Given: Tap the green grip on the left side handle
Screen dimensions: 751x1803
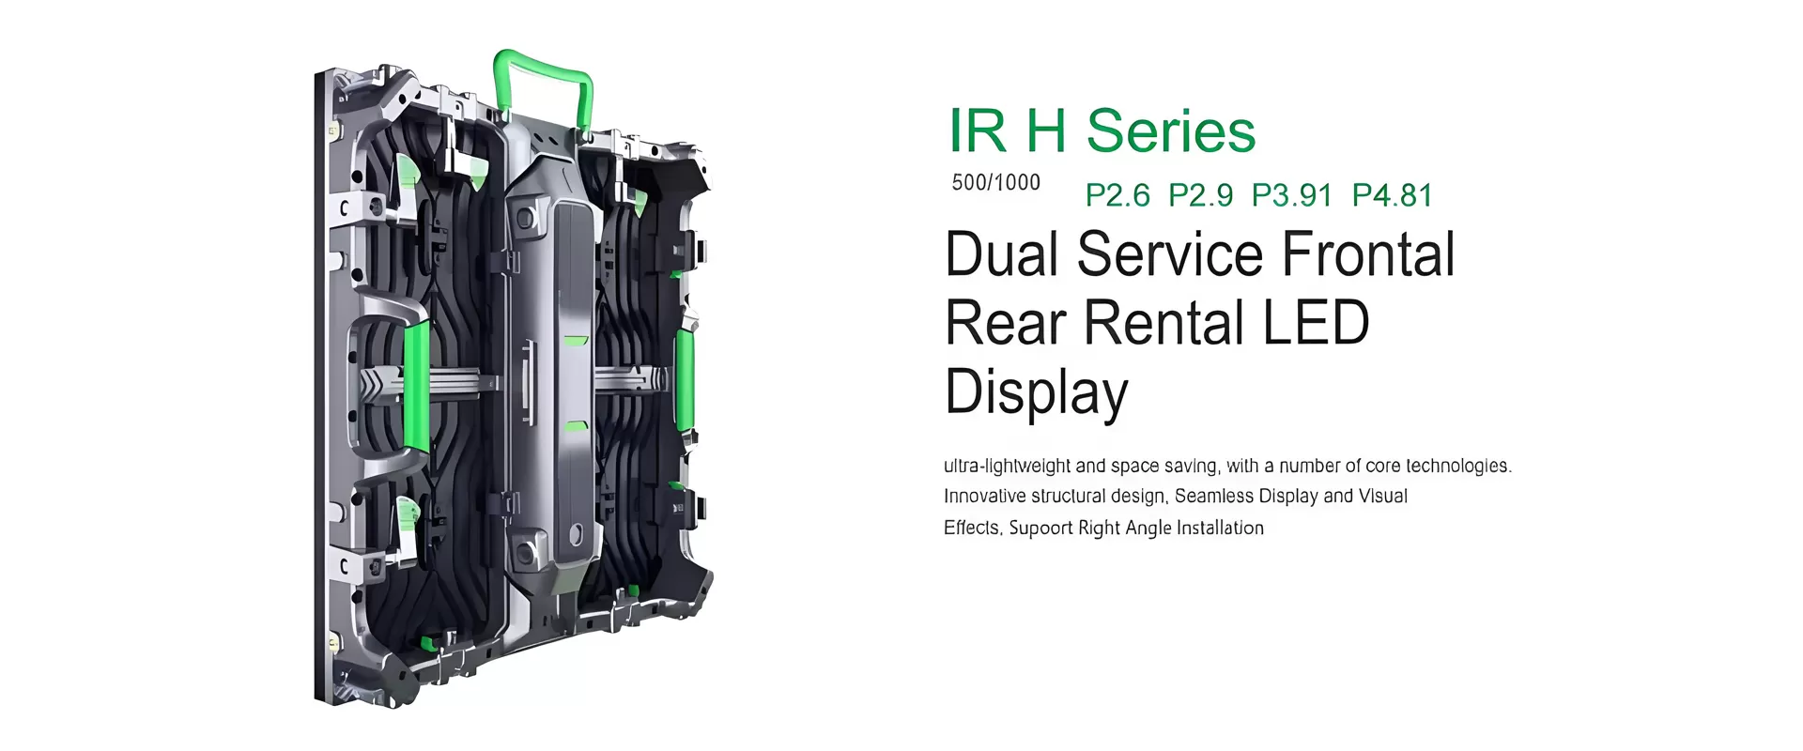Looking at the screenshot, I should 415,385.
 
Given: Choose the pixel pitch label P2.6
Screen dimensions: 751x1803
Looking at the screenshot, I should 1117,195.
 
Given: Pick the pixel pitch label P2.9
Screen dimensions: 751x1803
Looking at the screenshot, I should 1200,195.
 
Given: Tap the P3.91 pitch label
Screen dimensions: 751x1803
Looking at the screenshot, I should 1291,195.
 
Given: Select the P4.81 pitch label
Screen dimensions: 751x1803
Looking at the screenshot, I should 1393,195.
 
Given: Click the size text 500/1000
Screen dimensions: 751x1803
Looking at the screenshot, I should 995,182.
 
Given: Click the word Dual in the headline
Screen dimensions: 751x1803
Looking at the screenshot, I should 1002,254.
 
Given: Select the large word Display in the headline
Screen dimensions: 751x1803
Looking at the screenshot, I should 1036,392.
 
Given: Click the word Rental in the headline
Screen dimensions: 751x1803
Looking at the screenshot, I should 1164,323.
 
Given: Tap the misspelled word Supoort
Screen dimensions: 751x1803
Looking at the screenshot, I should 1040,528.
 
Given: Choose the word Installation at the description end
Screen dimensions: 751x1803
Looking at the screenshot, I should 1220,528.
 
